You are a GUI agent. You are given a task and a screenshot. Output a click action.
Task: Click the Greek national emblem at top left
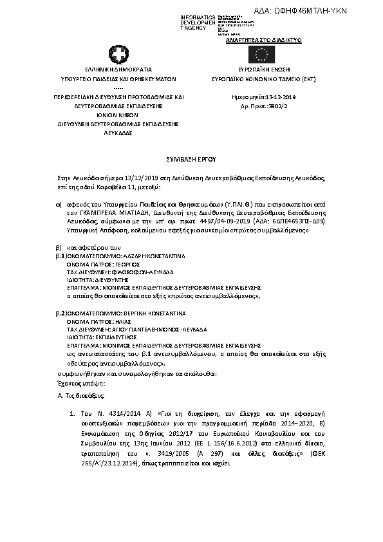pos(119,55)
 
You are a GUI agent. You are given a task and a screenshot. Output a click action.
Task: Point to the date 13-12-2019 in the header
pos(270,97)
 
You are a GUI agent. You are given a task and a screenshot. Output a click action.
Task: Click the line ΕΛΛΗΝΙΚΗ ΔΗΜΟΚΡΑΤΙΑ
pos(119,68)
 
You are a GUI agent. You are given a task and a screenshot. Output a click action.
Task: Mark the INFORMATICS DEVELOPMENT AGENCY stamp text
pos(197,22)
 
